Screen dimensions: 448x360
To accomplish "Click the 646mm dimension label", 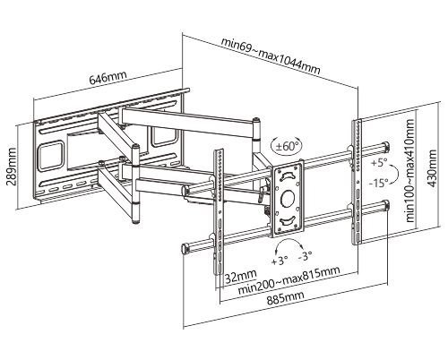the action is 108,77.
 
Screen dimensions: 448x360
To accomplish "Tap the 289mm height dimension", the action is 13,166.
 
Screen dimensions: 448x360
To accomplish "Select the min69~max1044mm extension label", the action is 271,57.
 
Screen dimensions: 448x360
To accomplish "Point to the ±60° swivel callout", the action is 287,146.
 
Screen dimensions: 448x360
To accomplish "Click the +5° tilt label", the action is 379,163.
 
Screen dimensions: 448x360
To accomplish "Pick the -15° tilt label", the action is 378,182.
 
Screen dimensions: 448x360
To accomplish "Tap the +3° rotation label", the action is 280,261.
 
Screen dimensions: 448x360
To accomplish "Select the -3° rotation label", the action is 305,256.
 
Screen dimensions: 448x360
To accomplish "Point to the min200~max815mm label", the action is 289,279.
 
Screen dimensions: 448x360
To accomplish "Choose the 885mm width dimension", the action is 286,297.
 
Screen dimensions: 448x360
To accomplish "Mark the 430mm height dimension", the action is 432,168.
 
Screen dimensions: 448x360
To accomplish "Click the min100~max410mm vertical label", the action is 410,170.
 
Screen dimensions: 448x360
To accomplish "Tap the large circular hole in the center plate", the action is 289,198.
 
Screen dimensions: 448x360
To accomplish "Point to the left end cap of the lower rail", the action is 185,248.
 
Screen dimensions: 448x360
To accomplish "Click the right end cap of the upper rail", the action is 386,147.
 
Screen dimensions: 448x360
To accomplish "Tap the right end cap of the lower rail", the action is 386,205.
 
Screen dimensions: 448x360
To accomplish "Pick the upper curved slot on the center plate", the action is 287,175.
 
